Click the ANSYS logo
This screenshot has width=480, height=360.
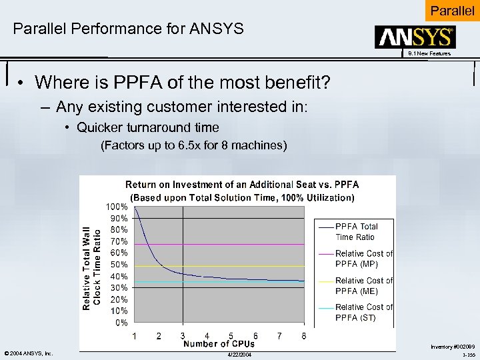pos(415,37)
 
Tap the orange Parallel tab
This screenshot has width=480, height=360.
pos(452,11)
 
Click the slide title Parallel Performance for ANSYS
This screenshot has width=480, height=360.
pos(128,29)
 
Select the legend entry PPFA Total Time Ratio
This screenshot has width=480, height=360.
pos(356,231)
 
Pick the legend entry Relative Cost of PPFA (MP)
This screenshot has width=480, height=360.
pos(363,259)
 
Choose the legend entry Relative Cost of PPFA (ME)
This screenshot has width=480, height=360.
pos(363,285)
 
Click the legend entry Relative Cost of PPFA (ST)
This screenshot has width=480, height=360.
pos(363,312)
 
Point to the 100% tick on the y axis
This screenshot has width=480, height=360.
pos(117,207)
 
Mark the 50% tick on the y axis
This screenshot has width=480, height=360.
pos(119,265)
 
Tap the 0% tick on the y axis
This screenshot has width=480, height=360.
pos(121,323)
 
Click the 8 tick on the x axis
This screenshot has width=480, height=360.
pos(304,336)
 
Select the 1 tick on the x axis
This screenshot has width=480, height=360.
pos(135,336)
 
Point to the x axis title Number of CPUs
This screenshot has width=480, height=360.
pos(219,344)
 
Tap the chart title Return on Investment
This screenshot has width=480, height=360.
pos(242,185)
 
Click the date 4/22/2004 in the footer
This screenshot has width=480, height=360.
pos(239,354)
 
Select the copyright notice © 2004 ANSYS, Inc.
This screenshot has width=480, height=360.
pos(28,353)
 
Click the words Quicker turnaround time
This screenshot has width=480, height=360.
pos(147,127)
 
